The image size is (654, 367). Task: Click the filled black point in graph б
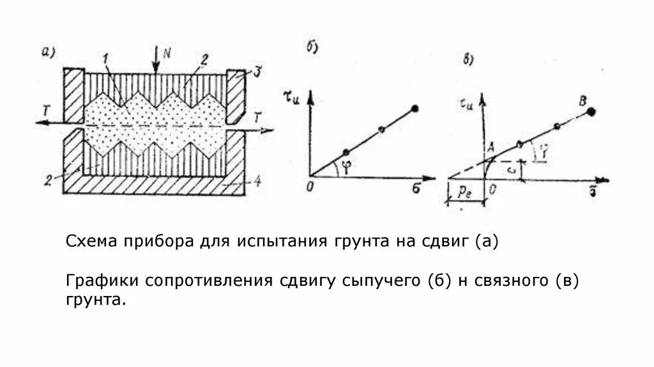pyautogui.click(x=416, y=109)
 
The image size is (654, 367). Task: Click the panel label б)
pyautogui.click(x=312, y=47)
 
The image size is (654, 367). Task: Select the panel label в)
pyautogui.click(x=468, y=61)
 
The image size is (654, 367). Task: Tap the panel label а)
pyautogui.click(x=49, y=52)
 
